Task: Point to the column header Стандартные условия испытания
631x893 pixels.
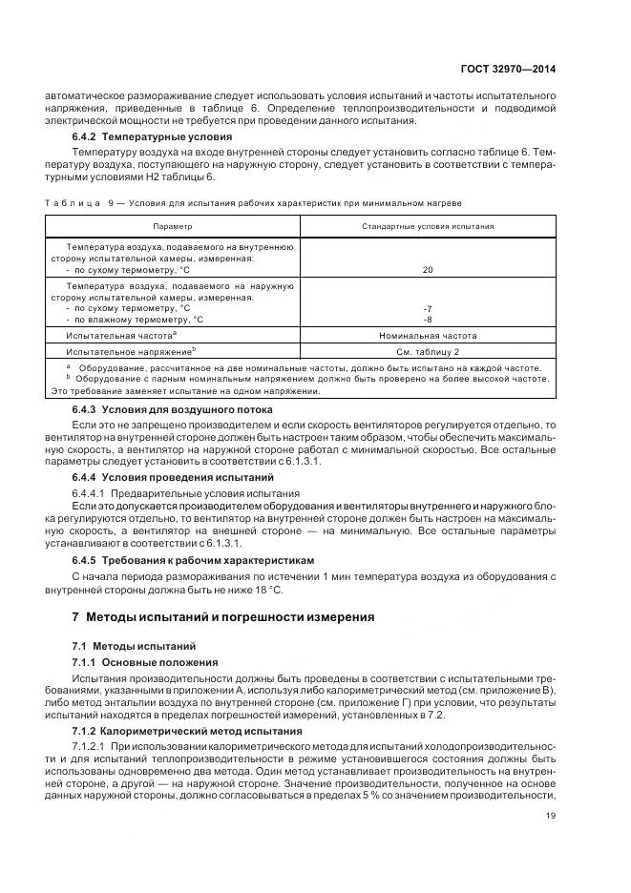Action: pos(427,226)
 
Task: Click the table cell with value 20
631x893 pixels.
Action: pos(427,271)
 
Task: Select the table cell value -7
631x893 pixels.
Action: pos(427,308)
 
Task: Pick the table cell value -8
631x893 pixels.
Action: pos(427,320)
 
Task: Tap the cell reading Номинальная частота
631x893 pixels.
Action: pos(427,336)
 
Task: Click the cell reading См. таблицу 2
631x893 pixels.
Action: pos(427,351)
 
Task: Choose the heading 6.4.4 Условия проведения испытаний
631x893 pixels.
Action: pos(159,476)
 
